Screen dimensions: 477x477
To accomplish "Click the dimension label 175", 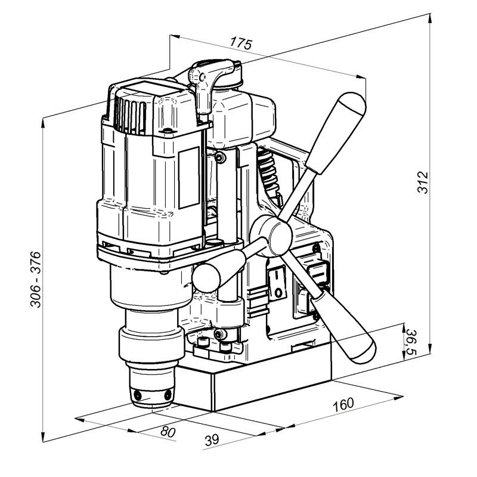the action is pos(241,43).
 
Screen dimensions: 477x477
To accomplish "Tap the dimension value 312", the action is pos(422,182).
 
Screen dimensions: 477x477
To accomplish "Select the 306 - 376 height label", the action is pos(36,279).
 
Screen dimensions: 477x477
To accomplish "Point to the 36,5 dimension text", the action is pos(411,342).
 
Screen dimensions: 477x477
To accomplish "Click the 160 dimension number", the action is pos(343,405).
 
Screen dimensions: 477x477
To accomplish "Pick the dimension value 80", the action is pos(168,431).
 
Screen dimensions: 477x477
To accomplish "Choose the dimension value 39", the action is pos(212,439).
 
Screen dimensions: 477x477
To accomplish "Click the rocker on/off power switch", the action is pos(277,283).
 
